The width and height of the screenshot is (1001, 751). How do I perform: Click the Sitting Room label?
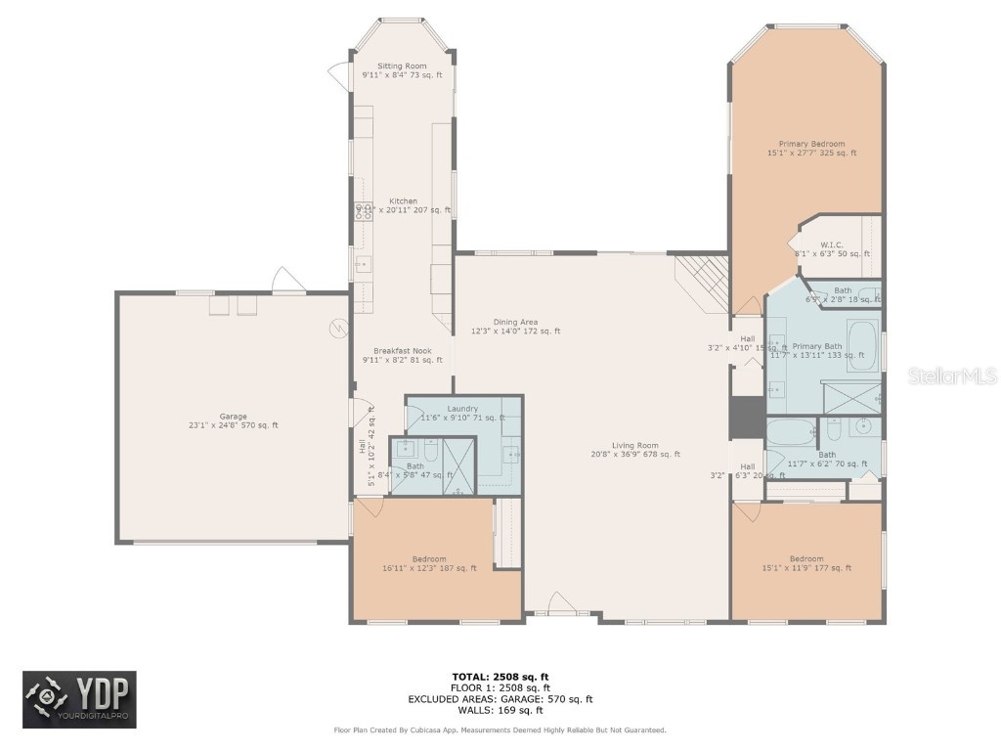point(402,66)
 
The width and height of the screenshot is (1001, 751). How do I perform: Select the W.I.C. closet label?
point(831,245)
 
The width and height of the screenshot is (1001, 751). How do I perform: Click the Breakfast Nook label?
point(402,351)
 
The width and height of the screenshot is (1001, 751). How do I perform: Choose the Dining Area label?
point(515,322)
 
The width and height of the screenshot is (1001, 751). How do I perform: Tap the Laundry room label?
point(462,409)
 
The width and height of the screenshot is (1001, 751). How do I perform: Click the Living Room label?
point(635,445)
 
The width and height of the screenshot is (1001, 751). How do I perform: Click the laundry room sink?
point(512,454)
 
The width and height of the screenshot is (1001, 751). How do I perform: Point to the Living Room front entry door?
point(562,603)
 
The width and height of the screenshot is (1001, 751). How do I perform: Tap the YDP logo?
point(80,700)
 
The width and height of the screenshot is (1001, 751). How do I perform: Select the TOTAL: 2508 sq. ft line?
point(500,677)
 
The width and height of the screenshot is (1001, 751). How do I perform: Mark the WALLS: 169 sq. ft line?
point(500,710)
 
